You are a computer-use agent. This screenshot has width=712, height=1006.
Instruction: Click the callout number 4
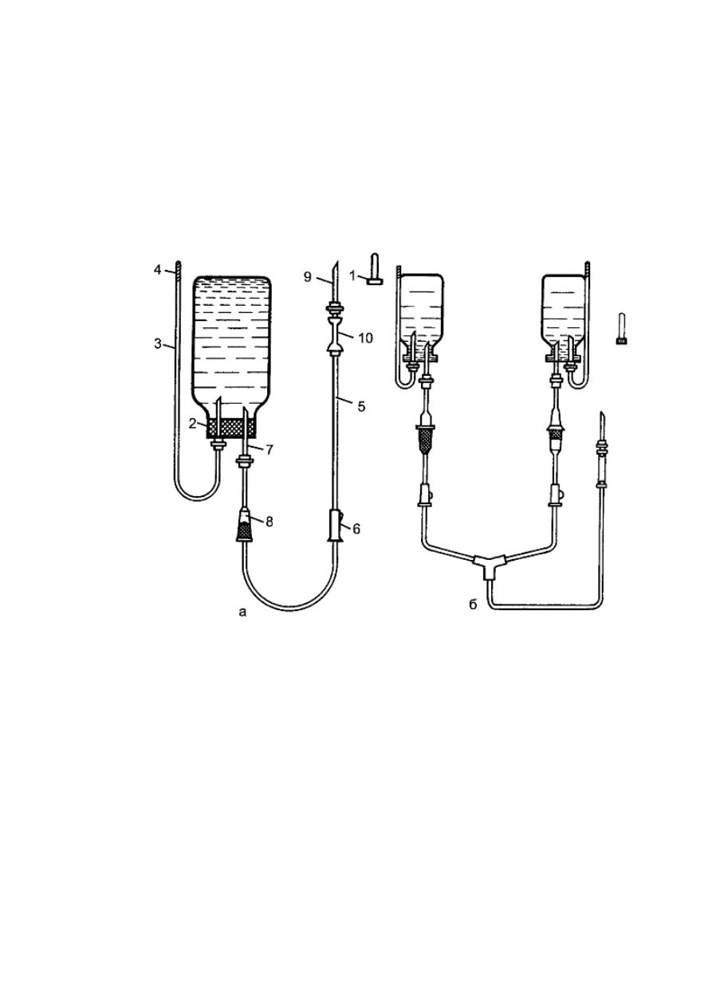pyautogui.click(x=157, y=270)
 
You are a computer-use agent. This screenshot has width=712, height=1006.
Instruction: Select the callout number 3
pyautogui.click(x=157, y=344)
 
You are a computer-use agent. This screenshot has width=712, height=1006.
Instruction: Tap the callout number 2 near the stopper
pyautogui.click(x=192, y=423)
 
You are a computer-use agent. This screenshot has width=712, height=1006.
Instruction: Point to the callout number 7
pyautogui.click(x=269, y=449)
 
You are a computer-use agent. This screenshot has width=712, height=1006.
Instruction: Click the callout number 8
pyautogui.click(x=269, y=522)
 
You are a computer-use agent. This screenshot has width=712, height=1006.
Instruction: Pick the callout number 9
pyautogui.click(x=308, y=276)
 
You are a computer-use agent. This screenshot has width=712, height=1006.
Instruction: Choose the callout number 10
pyautogui.click(x=366, y=338)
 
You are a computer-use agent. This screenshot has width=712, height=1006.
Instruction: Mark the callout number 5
pyautogui.click(x=361, y=407)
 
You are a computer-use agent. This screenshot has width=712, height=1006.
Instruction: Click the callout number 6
pyautogui.click(x=356, y=529)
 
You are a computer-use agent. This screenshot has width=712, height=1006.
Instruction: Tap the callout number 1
pyautogui.click(x=352, y=276)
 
